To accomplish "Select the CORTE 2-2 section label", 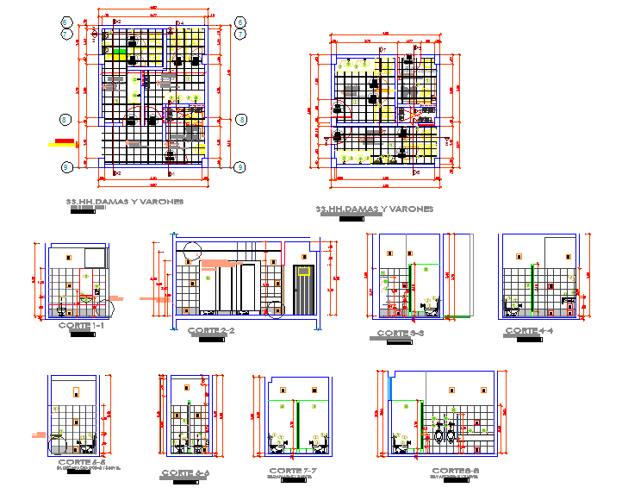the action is click(x=211, y=331).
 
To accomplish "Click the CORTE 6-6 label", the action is click(x=185, y=473).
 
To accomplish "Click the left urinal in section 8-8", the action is click(x=440, y=435).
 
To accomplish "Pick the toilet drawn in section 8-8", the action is click(x=401, y=442).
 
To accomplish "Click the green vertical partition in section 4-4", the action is click(x=534, y=289).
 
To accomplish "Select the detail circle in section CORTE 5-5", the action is click(x=58, y=445).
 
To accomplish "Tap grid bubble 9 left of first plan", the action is click(x=64, y=119).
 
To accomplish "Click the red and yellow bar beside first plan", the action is click(x=62, y=142).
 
